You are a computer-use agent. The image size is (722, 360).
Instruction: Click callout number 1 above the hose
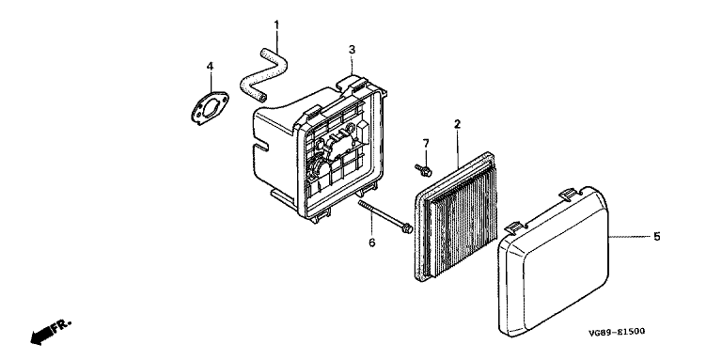[x=276, y=24]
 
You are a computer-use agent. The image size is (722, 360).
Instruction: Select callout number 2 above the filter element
[x=457, y=124]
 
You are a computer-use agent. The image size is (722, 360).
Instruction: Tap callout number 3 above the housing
[x=352, y=50]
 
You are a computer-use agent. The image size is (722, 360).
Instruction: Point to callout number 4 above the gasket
[x=210, y=67]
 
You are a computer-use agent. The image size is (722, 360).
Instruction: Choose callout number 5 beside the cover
[x=656, y=237]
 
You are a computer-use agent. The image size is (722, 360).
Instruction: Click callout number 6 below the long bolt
[x=372, y=243]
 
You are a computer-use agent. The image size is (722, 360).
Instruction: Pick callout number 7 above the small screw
[x=426, y=143]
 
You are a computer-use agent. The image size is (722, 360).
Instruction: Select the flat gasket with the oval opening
[x=210, y=107]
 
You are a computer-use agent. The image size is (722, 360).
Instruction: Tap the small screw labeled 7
[x=424, y=170]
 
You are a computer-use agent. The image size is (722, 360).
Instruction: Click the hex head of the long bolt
[x=407, y=227]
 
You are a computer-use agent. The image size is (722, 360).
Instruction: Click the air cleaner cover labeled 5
[x=554, y=259]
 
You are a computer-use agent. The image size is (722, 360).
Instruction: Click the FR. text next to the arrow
[x=62, y=325]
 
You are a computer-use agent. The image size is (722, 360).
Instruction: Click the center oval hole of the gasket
[x=212, y=106]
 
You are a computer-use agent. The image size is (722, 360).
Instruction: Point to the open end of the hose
[x=262, y=97]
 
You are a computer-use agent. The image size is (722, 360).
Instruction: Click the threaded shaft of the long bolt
[x=380, y=214]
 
